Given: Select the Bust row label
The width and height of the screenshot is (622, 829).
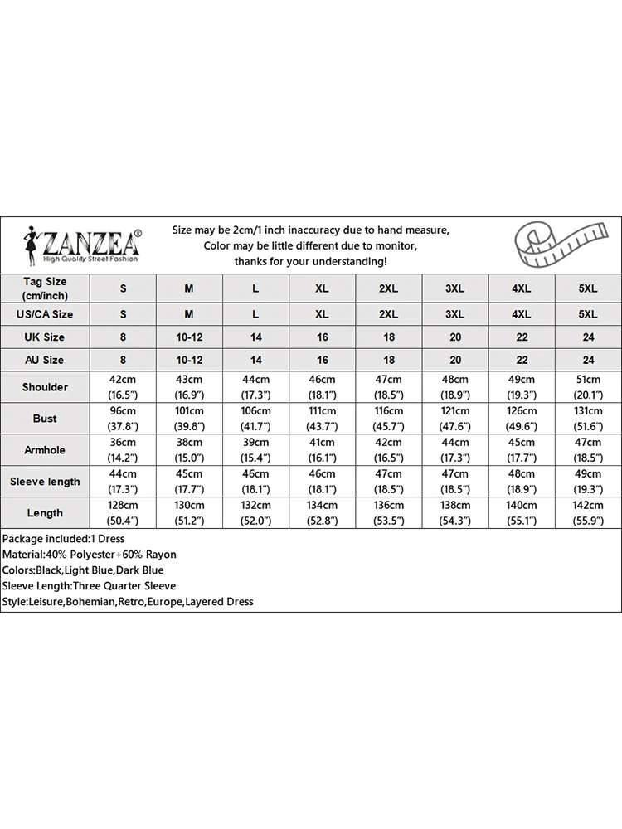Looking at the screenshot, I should point(45,419).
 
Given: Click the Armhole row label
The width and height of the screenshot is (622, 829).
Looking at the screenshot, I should point(45,450).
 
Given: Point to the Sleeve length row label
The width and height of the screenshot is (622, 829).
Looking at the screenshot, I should point(45,482).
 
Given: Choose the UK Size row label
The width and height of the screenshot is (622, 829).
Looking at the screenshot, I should point(45,337).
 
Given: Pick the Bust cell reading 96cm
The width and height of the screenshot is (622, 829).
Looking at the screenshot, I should point(123,419).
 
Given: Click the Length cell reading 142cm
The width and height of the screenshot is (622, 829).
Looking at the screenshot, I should point(587,513).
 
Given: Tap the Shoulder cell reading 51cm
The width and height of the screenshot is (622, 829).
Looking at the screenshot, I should point(587,387).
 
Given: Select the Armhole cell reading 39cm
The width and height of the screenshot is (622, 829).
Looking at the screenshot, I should point(255,450).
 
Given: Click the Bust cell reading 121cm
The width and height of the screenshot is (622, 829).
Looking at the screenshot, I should point(454,419).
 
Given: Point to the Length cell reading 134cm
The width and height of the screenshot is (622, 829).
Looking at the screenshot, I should point(322,513).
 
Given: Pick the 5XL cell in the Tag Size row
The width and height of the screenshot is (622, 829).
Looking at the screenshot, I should point(587,288).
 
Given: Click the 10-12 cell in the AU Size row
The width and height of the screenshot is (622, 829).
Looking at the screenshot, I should point(189,360).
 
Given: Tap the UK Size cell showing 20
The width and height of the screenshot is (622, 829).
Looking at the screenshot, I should point(454,337).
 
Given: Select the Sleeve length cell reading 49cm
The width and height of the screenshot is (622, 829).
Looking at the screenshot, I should point(587,482).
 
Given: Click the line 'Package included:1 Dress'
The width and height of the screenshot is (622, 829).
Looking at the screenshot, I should point(64,539).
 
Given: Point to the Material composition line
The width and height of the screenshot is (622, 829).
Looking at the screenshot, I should point(90,555).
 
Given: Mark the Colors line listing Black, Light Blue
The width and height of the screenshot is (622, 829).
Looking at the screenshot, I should point(83,570).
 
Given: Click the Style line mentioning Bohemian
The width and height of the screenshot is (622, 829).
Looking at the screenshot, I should point(128,602).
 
